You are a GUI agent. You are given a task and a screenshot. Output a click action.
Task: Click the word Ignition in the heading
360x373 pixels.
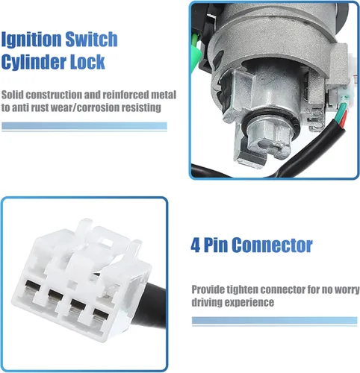point(31,40)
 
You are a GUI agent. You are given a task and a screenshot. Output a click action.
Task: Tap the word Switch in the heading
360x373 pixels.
point(91,39)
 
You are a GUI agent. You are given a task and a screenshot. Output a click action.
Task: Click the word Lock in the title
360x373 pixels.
point(87,62)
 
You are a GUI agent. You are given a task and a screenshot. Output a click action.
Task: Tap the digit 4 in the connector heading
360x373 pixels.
point(196,245)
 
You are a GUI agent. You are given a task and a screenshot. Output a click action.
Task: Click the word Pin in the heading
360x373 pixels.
point(216,245)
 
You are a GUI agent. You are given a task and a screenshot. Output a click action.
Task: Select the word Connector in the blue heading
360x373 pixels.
point(272,245)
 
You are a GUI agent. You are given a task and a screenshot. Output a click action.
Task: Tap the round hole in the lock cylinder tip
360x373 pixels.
point(264,143)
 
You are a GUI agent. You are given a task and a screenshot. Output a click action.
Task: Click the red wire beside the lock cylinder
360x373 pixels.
point(344,119)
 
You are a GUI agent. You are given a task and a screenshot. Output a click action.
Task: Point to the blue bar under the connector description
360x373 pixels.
point(274,321)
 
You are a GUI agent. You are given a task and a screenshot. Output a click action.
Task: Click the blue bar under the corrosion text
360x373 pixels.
point(84,126)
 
